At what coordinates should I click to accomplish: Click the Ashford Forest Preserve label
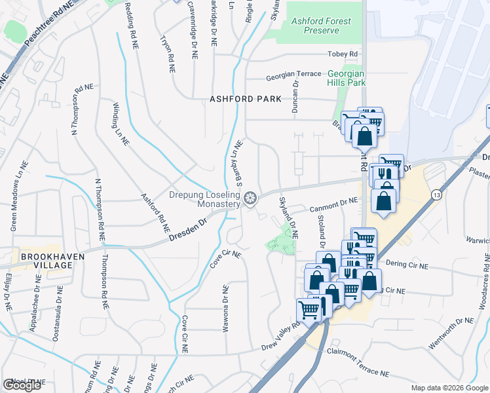[x=320, y=26]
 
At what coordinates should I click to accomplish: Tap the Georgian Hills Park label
[x=346, y=79]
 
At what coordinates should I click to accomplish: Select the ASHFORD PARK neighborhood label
[x=245, y=99]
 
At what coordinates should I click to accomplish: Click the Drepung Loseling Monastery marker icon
[x=250, y=198]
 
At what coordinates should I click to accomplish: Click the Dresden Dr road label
[x=187, y=232]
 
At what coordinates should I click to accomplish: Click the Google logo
[x=22, y=385]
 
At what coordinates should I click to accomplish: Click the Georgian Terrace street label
[x=293, y=75]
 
